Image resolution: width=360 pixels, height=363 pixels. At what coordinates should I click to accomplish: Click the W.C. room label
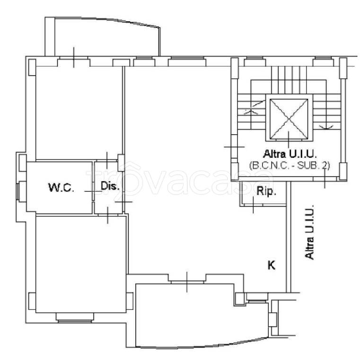click(x=61, y=187)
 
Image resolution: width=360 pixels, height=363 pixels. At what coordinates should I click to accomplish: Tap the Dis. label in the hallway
click(x=110, y=186)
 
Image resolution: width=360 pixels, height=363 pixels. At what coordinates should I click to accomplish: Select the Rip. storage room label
click(x=266, y=191)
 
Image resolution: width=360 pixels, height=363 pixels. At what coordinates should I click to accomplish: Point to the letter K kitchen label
click(x=272, y=265)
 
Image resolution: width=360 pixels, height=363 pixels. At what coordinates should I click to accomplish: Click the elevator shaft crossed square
click(x=289, y=119)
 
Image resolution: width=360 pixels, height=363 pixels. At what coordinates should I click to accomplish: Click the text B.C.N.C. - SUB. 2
click(x=290, y=165)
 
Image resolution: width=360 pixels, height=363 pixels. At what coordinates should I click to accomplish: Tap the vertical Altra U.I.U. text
click(x=309, y=232)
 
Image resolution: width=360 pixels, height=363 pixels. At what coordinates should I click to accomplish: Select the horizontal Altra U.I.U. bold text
click(x=290, y=154)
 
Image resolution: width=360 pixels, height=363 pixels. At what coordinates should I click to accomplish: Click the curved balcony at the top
click(x=102, y=37)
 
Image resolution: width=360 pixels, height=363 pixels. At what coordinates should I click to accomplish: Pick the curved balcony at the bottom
click(x=202, y=315)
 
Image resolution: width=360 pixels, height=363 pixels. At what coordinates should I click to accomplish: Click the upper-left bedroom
click(x=79, y=113)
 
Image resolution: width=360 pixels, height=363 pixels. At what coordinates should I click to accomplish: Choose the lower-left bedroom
click(x=81, y=264)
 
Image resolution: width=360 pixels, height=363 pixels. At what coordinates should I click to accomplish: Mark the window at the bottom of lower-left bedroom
click(x=75, y=317)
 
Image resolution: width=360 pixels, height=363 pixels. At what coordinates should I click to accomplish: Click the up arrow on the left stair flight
click(x=251, y=112)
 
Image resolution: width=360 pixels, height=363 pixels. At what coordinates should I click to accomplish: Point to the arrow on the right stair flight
click(x=326, y=127)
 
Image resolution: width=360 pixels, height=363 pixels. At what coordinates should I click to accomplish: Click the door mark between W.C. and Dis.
click(x=93, y=191)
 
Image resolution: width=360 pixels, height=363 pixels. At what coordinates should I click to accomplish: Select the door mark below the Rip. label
click(x=253, y=205)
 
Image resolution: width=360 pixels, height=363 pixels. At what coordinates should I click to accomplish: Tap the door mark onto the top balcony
click(x=74, y=57)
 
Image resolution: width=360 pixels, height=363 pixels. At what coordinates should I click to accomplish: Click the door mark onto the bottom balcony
click(x=187, y=282)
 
